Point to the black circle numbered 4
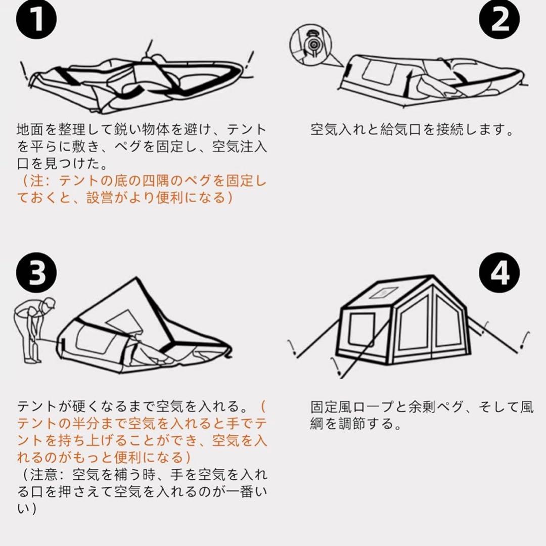tap(500, 273)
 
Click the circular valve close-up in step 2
tap(311, 44)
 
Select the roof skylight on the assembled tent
tap(382, 293)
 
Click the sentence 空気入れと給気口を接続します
tap(412, 130)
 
